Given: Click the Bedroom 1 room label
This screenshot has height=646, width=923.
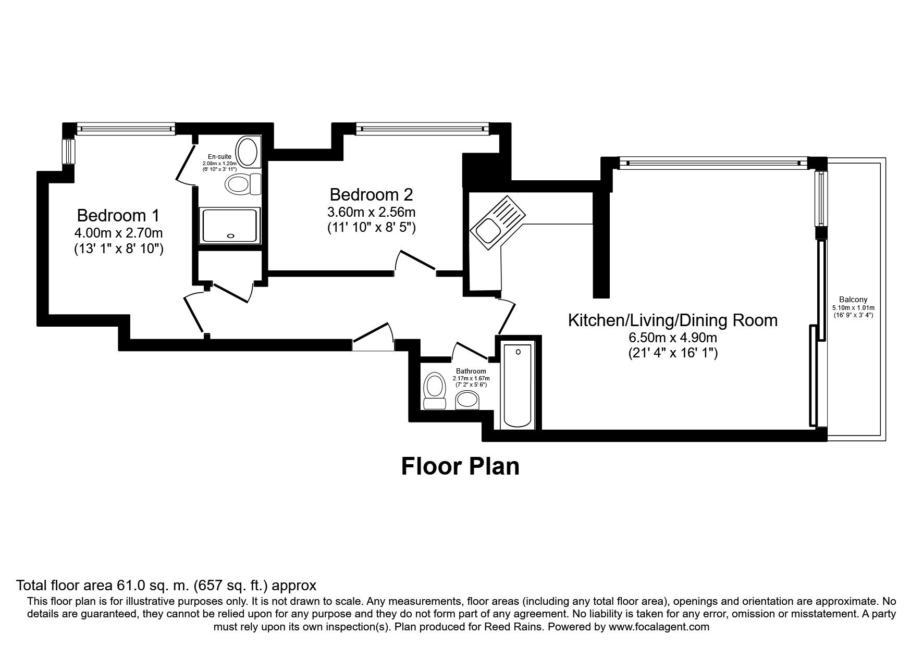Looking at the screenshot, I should tap(118, 215).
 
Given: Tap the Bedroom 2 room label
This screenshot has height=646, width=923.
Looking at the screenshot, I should tap(371, 194).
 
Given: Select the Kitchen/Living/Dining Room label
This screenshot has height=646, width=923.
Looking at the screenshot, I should tap(672, 320).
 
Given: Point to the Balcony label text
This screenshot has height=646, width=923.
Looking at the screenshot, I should tap(853, 300).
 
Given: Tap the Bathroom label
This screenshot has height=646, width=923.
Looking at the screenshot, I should tap(471, 371).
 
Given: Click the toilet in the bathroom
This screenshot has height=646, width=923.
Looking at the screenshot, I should tap(434, 391).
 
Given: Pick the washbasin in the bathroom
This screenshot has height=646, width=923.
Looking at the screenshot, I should tap(468, 401).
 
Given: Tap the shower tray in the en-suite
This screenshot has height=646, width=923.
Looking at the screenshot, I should tap(229, 225).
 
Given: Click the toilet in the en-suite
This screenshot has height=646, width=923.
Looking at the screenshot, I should tap(243, 184).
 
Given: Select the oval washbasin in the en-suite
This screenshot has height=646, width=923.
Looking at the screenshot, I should tap(247, 152).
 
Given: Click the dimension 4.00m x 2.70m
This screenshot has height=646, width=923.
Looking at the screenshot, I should tap(118, 233).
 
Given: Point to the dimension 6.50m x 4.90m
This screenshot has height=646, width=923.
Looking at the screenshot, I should tap(672, 338).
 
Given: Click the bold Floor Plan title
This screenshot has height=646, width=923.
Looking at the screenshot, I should tap(460, 466).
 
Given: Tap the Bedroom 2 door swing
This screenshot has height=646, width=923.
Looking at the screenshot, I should tap(417, 260).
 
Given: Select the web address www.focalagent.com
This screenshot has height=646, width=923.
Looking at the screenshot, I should tap(658, 627).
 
